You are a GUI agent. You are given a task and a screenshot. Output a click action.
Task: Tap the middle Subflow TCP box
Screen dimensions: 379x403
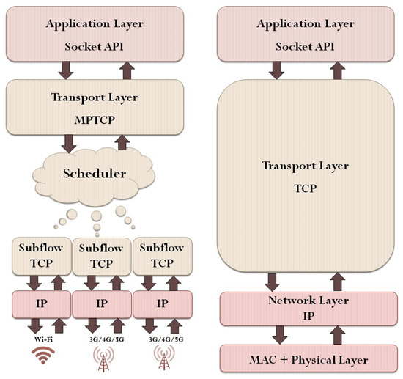click(x=100, y=257)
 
